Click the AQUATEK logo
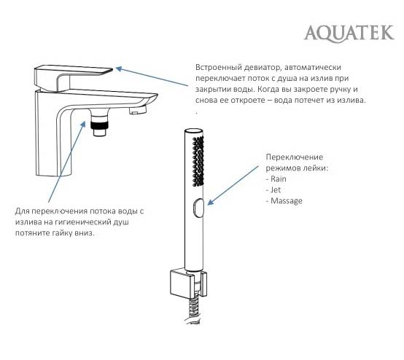(349, 34)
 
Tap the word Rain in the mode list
(279, 179)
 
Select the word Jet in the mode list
(276, 189)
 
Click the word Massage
(287, 201)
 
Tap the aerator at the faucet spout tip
(137, 111)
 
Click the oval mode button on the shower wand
(198, 208)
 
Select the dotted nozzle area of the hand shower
(198, 161)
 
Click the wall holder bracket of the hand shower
(188, 283)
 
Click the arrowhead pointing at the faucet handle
(119, 69)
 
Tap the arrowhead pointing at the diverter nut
(83, 124)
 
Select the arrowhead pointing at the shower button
(211, 202)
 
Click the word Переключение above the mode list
(294, 157)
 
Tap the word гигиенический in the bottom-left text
(82, 222)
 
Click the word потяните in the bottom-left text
(32, 233)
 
